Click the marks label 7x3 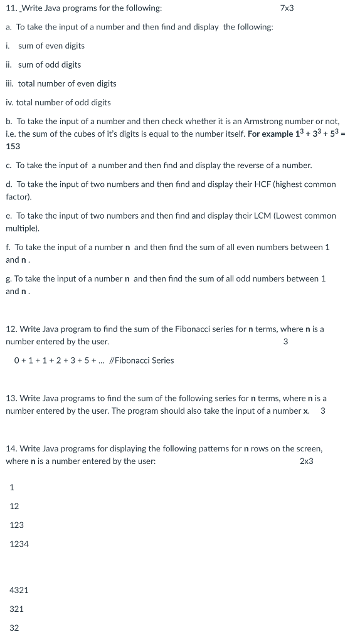tap(287, 8)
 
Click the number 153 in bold tap(13, 146)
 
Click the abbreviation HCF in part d tap(260, 184)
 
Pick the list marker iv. tap(10, 102)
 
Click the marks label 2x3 tap(306, 461)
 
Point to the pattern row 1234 tap(19, 544)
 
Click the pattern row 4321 tap(19, 590)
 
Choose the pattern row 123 tap(17, 525)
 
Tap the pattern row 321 tap(17, 609)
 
